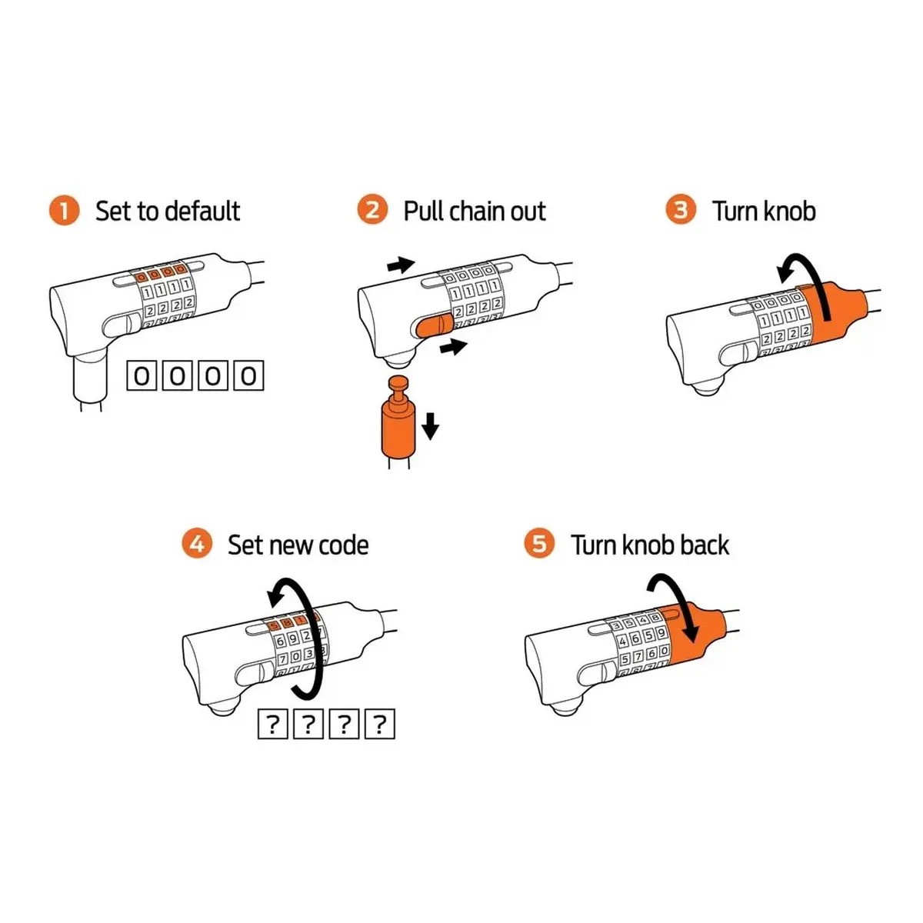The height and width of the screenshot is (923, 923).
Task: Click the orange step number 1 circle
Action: click(x=64, y=210)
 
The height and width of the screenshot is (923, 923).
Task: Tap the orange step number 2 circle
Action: click(x=372, y=209)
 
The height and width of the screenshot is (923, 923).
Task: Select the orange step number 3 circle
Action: click(x=681, y=209)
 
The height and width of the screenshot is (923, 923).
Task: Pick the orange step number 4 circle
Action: click(x=197, y=543)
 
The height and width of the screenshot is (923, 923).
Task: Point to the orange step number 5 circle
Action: click(x=539, y=543)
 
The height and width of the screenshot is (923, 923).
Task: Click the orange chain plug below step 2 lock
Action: click(x=398, y=418)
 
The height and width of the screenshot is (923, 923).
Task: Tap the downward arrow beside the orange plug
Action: click(x=431, y=426)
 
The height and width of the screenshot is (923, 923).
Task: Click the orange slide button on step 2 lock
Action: click(x=435, y=325)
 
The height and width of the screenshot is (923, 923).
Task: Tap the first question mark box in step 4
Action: click(x=273, y=724)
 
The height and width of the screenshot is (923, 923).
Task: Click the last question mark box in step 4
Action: click(x=380, y=724)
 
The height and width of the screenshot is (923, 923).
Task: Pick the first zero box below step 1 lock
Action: click(x=142, y=376)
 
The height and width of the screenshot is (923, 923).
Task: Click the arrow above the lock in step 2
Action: click(x=401, y=264)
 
